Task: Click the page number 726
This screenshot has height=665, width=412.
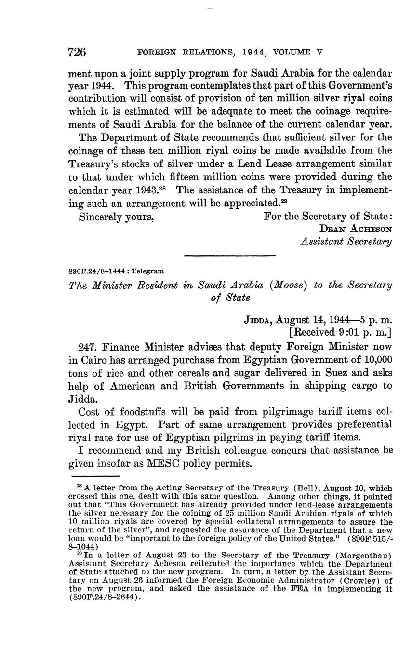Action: [77, 52]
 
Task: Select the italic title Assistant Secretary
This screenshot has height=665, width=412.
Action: [346, 241]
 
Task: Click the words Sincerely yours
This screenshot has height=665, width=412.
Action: [116, 217]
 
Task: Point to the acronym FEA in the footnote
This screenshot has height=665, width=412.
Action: [300, 589]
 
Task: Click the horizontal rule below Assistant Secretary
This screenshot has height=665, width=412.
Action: [229, 256]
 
